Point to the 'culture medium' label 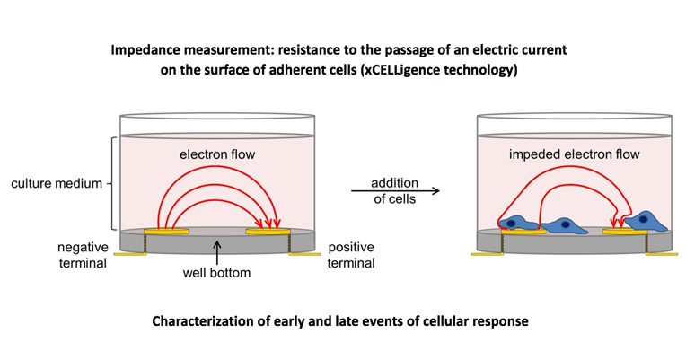point(57,184)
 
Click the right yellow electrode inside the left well point(269,232)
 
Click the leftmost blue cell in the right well point(519,224)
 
